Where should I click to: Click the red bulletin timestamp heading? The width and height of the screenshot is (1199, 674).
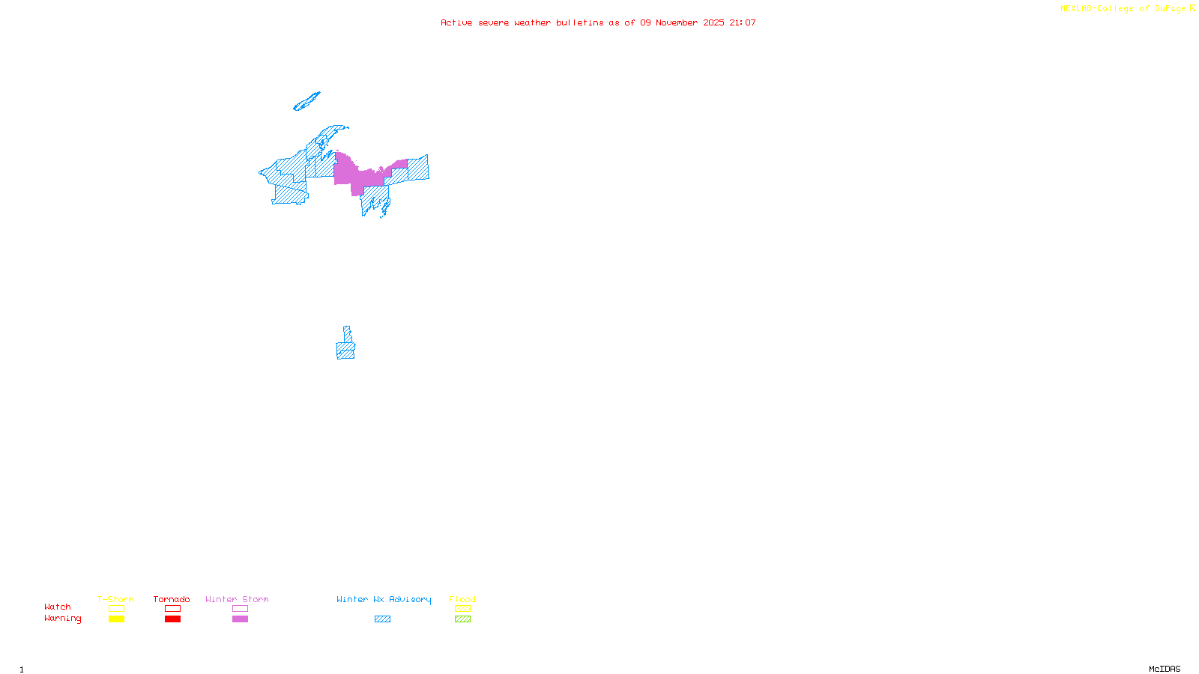(598, 22)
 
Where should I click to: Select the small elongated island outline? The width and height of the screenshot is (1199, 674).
(306, 101)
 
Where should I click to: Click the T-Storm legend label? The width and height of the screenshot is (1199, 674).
(115, 599)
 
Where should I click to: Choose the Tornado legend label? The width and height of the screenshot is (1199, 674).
(172, 599)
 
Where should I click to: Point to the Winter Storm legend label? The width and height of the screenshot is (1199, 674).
(237, 599)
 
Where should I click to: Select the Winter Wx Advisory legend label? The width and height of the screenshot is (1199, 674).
(384, 599)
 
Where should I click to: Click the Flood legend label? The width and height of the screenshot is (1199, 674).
(462, 599)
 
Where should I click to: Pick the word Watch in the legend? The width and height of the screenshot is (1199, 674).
(58, 607)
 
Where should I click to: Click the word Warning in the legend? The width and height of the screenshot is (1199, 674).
(63, 619)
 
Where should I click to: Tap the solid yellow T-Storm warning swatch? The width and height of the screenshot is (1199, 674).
(116, 619)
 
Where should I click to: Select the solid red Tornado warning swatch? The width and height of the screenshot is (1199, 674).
(172, 619)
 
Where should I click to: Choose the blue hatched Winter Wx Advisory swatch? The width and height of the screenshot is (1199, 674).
(382, 619)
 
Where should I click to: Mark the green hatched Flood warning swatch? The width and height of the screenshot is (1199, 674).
(462, 619)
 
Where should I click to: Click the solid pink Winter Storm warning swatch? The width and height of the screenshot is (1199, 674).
(240, 619)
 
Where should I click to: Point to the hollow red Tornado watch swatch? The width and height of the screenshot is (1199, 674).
(172, 609)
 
